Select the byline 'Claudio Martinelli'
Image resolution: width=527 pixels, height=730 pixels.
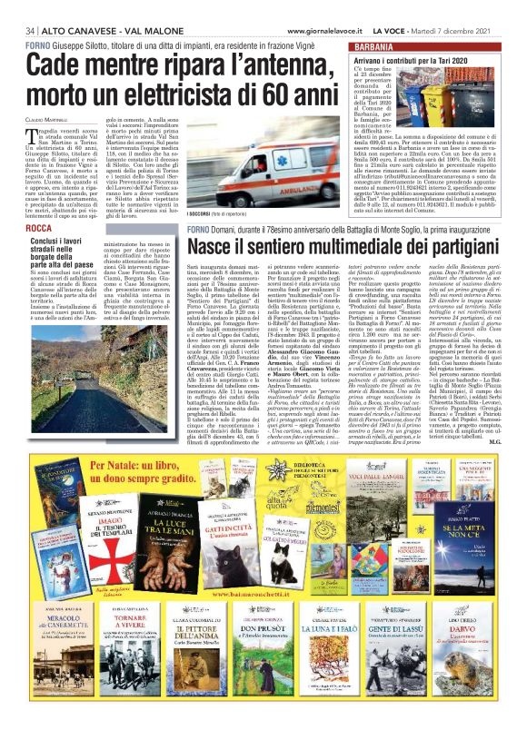[x=47, y=121]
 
